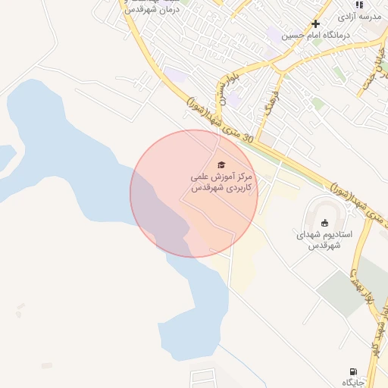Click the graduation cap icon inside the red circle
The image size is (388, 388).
pyautogui.click(x=221, y=164)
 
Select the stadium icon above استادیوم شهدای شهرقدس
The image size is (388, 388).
pyautogui.click(x=325, y=223)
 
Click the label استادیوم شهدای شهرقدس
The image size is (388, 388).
pyautogui.click(x=325, y=240)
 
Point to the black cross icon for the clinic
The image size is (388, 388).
pyautogui.click(x=316, y=23)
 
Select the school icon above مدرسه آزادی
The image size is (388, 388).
pyautogui.click(x=359, y=4)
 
